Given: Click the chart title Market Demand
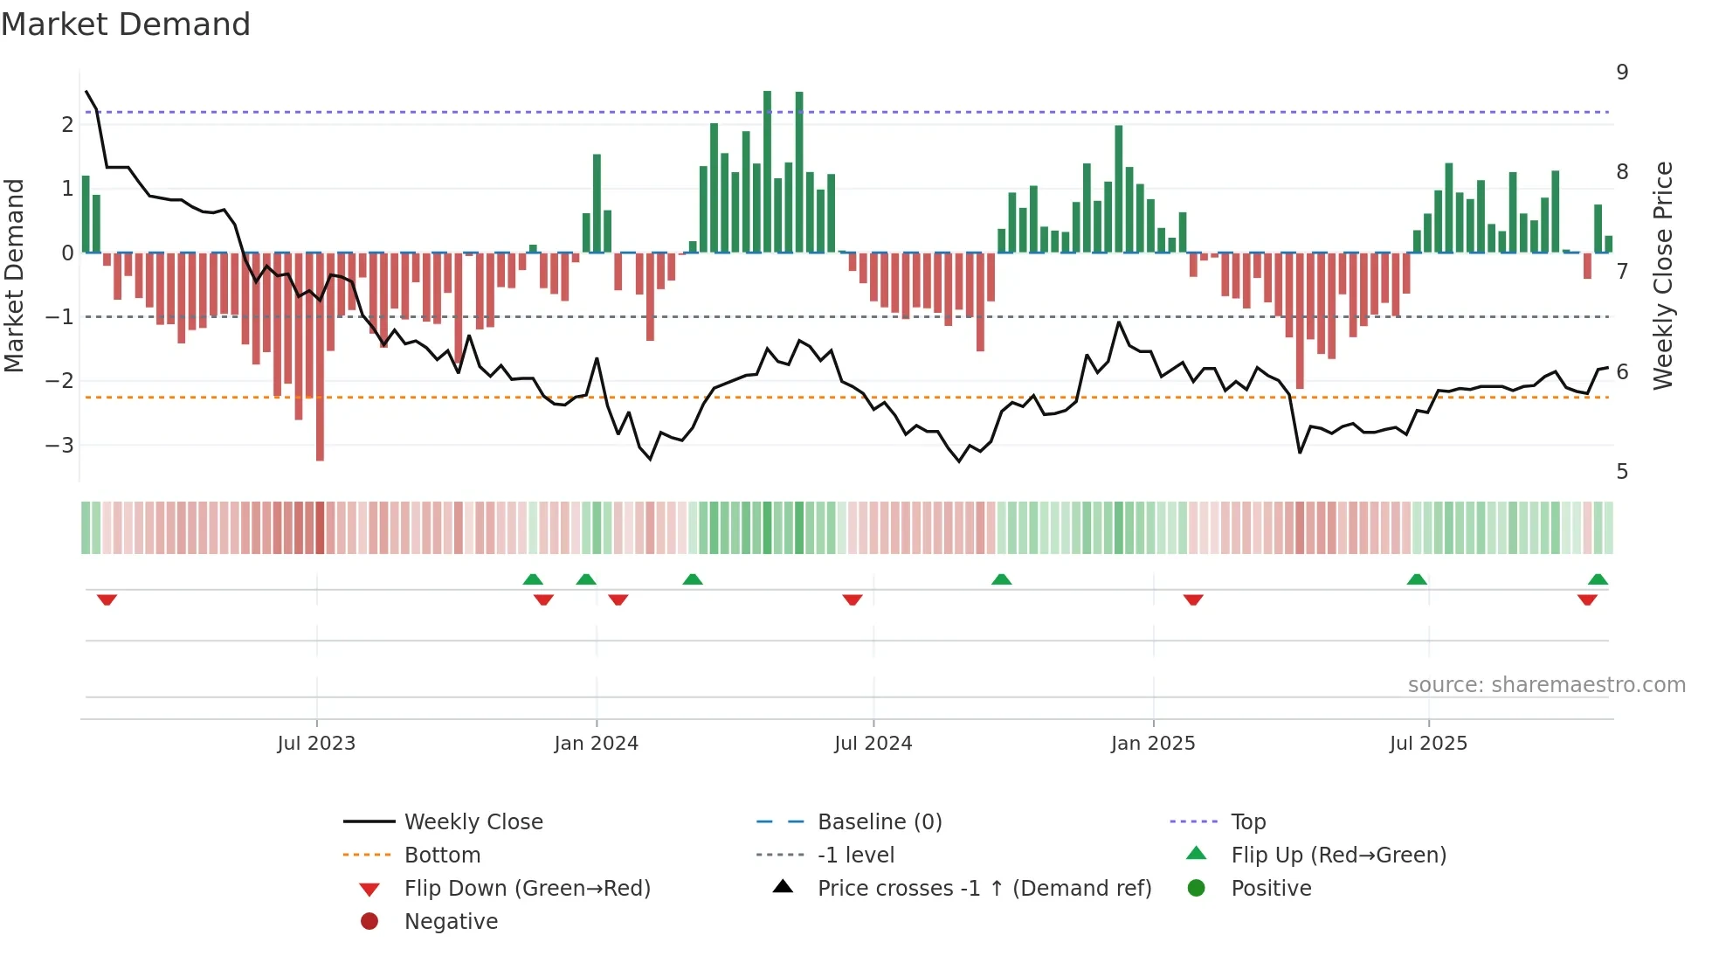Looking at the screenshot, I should (x=126, y=24).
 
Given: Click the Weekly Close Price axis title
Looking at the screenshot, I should (x=1663, y=275).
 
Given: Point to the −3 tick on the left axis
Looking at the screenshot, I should (x=59, y=445).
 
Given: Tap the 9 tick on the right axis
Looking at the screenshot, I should (x=1622, y=73).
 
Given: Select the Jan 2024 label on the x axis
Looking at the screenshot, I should (x=596, y=744).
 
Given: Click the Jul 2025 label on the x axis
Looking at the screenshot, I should (x=1428, y=744).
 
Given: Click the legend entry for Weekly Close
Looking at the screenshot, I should (x=473, y=822).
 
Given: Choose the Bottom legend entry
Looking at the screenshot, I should (x=442, y=856).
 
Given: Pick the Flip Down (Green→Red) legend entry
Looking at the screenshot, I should (x=527, y=889).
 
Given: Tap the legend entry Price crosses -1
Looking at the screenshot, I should (x=984, y=889).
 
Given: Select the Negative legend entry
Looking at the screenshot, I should (x=451, y=922).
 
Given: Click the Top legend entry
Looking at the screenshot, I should (x=1248, y=822).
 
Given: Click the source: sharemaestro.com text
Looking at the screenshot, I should (x=1546, y=685).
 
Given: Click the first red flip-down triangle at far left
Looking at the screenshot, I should (x=107, y=599).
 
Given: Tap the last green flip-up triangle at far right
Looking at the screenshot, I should (x=1598, y=579).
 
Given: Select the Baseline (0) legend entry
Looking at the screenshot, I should (x=879, y=822).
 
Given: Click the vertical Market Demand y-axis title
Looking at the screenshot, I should (x=14, y=275).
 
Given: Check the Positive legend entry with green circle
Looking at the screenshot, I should (x=1271, y=889).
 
